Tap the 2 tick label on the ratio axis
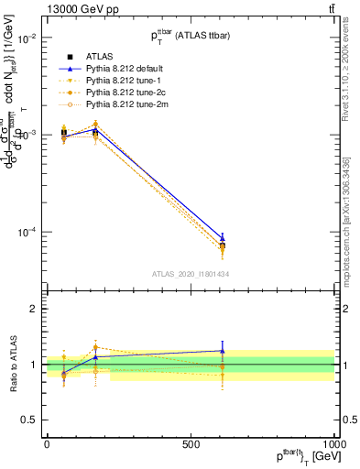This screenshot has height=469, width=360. (x=32, y=310)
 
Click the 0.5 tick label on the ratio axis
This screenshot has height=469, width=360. (x=27, y=420)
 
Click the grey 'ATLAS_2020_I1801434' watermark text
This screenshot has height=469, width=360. (x=190, y=274)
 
